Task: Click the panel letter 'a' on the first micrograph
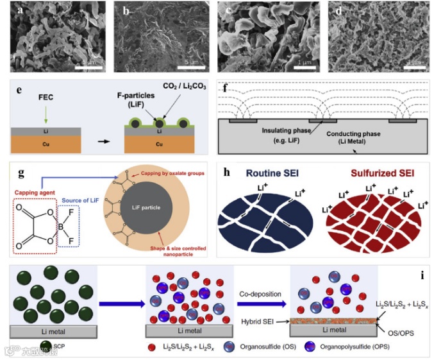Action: pos(22,10)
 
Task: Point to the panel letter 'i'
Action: pos(421,277)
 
